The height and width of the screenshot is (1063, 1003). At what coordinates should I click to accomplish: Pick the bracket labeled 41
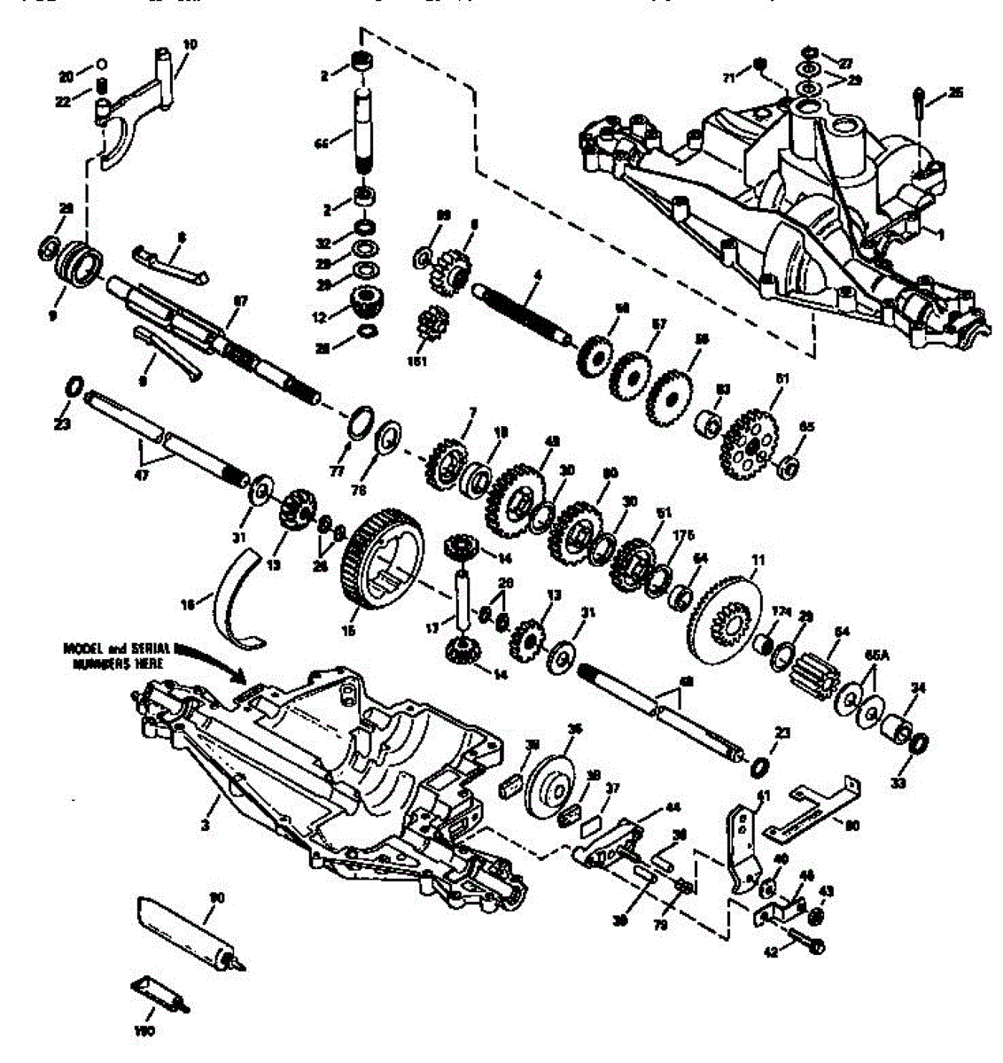click(743, 842)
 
